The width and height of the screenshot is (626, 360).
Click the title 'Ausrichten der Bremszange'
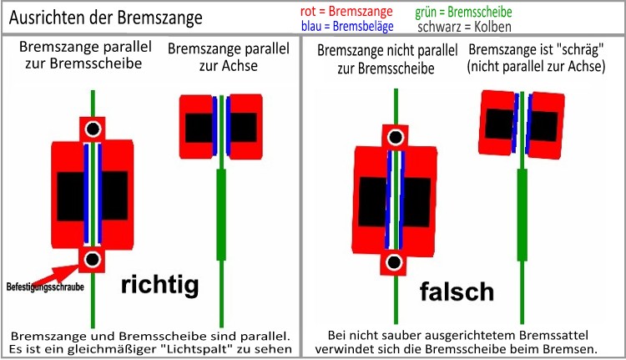point(106,18)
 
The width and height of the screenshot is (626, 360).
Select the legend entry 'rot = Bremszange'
point(346,11)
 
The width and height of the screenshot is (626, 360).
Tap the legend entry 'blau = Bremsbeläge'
point(347,27)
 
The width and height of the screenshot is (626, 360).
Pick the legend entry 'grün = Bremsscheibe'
point(463,12)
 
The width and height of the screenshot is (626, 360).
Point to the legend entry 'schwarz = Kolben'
point(464,27)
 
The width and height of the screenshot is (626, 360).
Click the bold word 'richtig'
point(159,285)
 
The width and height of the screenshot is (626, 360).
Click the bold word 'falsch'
point(457,292)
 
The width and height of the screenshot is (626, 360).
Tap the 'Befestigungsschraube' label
point(45,286)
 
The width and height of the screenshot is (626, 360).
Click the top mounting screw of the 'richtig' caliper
point(93,129)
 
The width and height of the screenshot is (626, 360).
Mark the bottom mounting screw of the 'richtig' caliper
point(92,259)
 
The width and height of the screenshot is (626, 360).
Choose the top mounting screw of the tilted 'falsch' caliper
point(396,137)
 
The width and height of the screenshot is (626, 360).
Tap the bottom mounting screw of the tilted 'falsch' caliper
point(394,262)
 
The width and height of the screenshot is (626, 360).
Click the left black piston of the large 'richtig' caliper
point(71,196)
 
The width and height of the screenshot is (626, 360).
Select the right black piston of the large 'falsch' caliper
point(416,203)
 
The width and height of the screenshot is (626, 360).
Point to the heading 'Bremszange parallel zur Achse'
point(229,57)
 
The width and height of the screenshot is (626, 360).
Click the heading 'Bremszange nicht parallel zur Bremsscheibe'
point(386,59)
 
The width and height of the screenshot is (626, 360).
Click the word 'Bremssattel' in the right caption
point(553,335)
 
